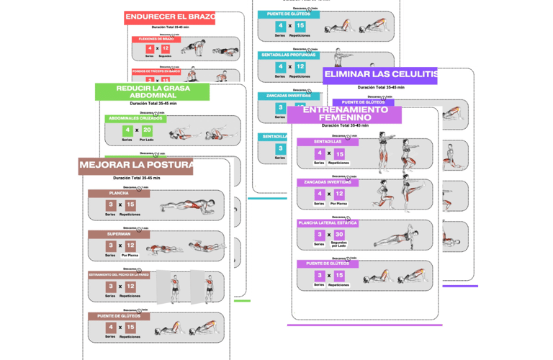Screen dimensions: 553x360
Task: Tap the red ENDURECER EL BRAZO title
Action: (169, 18)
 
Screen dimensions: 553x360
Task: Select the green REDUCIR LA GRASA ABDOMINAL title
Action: (152, 91)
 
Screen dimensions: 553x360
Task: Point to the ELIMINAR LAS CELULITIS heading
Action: (380, 75)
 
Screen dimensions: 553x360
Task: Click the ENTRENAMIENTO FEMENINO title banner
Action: (345, 114)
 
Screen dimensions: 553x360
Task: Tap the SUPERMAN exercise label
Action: (119, 234)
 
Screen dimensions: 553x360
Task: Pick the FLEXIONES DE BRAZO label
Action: (156, 39)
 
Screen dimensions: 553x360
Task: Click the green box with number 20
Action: (147, 131)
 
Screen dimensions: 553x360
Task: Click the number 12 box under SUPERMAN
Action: (130, 246)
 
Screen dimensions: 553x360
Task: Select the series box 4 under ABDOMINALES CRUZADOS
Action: (127, 131)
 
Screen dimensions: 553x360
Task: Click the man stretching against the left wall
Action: (173, 287)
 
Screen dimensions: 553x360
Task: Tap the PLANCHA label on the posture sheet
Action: (119, 193)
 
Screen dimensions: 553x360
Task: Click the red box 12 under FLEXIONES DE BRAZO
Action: (166, 49)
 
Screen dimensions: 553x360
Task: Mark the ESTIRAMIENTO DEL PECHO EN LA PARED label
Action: (119, 274)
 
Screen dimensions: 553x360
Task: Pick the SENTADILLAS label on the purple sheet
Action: (328, 143)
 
